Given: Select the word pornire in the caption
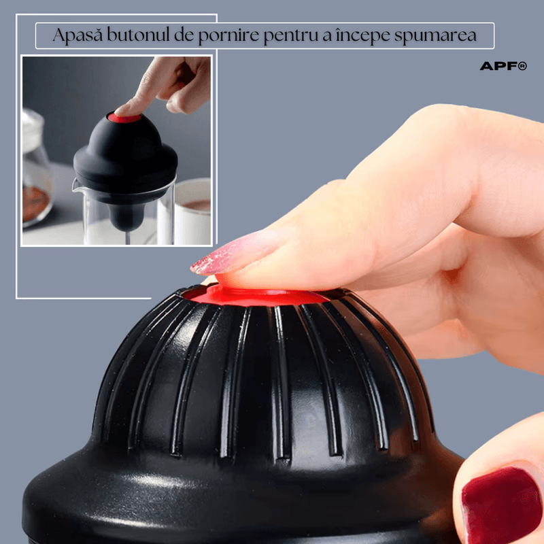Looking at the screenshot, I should coord(225,36).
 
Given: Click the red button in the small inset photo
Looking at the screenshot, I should coord(126,118).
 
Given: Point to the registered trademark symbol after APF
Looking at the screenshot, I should coord(522,66).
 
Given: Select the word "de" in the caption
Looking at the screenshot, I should coord(181,36).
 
